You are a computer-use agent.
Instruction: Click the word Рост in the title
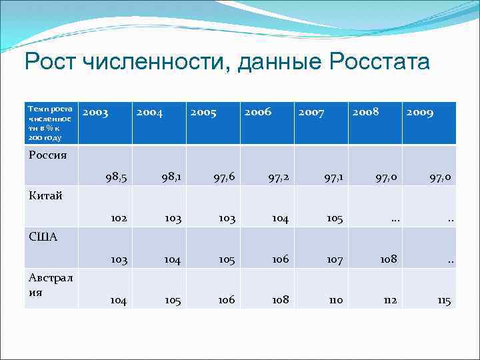51,63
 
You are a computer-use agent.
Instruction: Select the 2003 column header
95,113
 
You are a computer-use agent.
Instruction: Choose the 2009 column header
419,113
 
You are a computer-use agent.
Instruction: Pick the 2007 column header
311,113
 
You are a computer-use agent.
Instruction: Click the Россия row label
48,155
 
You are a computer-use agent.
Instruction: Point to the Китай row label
46,195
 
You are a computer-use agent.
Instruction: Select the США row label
43,236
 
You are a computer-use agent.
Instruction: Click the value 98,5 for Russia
116,177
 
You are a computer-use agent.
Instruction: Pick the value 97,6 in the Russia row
224,177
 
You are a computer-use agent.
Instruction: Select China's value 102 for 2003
118,219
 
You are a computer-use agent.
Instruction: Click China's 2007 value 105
334,219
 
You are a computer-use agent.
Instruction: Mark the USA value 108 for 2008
387,259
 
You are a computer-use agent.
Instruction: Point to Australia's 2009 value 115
444,301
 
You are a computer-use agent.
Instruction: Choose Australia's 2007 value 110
335,301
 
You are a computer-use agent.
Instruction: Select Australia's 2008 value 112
389,301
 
